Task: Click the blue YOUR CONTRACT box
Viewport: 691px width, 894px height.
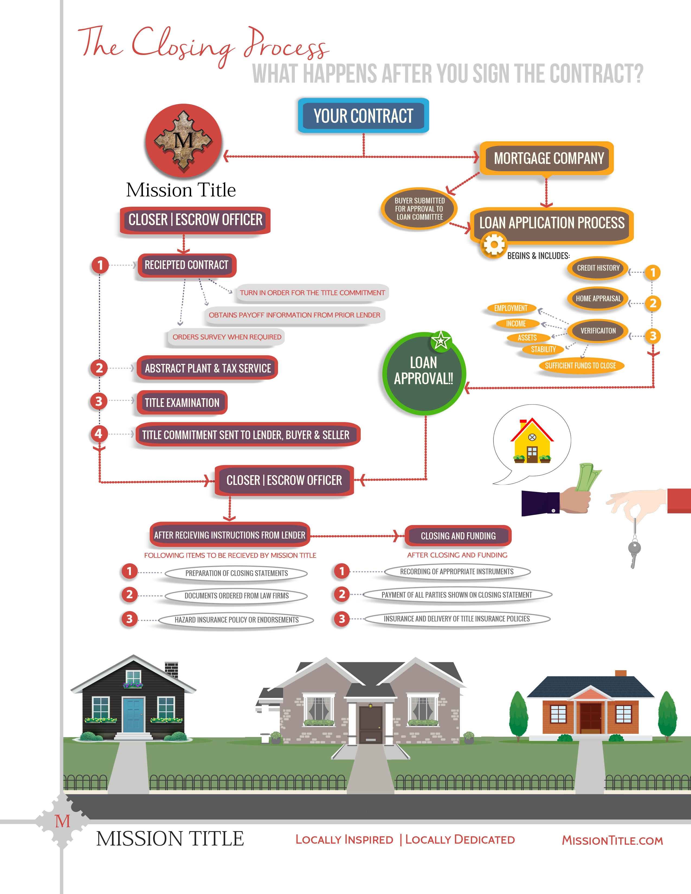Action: [363, 116]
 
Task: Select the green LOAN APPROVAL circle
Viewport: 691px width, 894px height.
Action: [424, 373]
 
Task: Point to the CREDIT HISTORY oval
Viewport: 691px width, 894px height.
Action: [598, 268]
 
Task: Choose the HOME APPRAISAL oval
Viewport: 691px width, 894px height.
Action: [598, 299]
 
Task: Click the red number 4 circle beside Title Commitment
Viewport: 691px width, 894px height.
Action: [99, 433]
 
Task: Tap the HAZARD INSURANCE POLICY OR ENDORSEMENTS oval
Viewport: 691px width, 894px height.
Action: [236, 620]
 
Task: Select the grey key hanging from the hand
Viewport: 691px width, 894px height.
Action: [634, 549]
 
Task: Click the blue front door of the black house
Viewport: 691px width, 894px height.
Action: [133, 715]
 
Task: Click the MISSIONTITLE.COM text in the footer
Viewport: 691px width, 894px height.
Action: [612, 840]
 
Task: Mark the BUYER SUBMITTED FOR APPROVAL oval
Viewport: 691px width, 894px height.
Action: [419, 209]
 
